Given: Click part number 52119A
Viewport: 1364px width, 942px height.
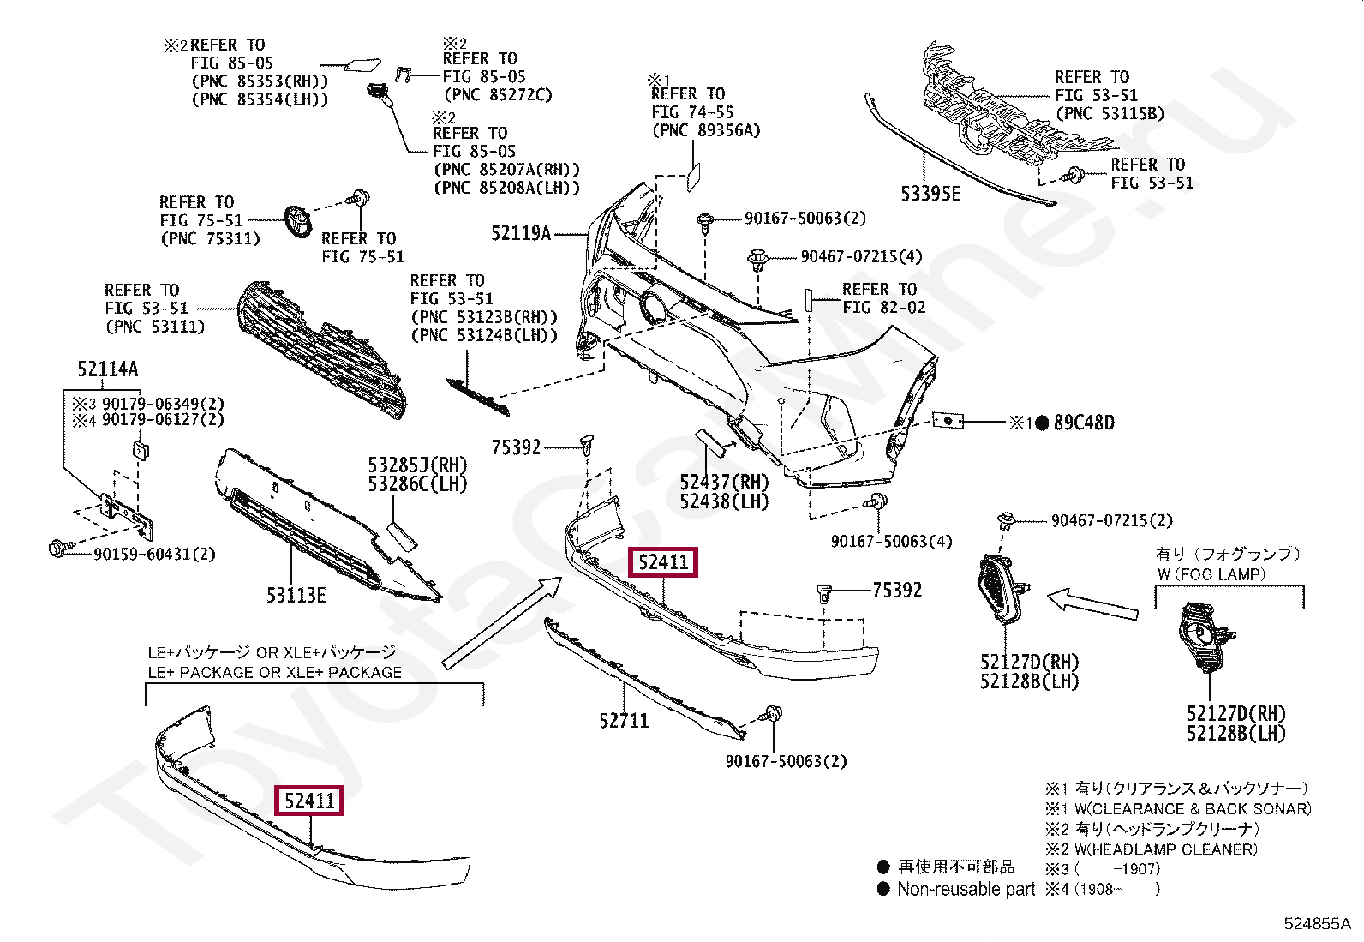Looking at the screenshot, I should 520,232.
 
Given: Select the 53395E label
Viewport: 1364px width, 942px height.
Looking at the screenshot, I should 930,195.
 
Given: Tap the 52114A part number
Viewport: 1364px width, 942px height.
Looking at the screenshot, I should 107,369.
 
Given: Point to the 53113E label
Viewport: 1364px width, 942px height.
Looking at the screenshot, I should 296,595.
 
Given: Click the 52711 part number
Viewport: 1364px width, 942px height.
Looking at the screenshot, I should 624,721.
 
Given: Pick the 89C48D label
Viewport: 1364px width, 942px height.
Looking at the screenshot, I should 1084,423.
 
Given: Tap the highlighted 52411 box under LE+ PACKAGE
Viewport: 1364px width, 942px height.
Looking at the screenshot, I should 308,801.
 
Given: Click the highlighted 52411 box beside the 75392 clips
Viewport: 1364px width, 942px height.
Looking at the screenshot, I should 663,562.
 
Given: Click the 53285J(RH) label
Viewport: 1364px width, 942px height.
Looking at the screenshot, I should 417,465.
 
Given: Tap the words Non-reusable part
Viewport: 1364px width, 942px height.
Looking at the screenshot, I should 966,889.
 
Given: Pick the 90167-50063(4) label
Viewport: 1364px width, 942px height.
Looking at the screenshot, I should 891,542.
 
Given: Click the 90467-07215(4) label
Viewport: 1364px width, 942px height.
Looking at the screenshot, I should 861,257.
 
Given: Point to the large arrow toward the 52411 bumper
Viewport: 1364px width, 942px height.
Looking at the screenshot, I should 502,623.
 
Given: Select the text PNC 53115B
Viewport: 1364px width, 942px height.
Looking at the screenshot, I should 1110,113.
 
